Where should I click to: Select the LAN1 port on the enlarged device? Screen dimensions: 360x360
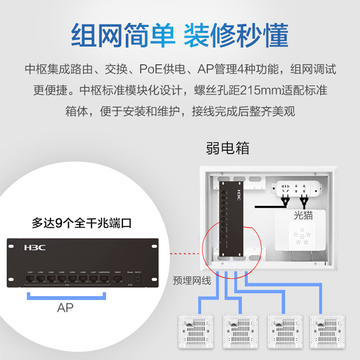pyautogui.click(x=30, y=279)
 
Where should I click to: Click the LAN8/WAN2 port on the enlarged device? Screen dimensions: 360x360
pyautogui.click(x=104, y=279)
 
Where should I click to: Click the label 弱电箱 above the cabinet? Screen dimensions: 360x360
pyautogui.click(x=228, y=148)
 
